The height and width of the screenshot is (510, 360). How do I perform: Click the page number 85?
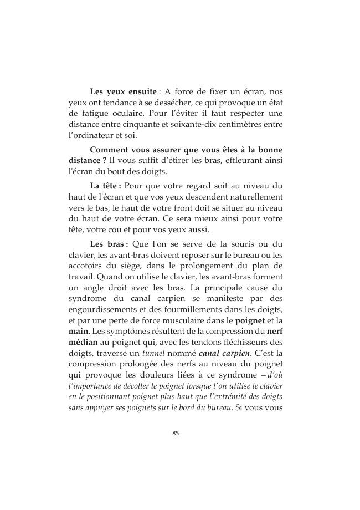[176, 433]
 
